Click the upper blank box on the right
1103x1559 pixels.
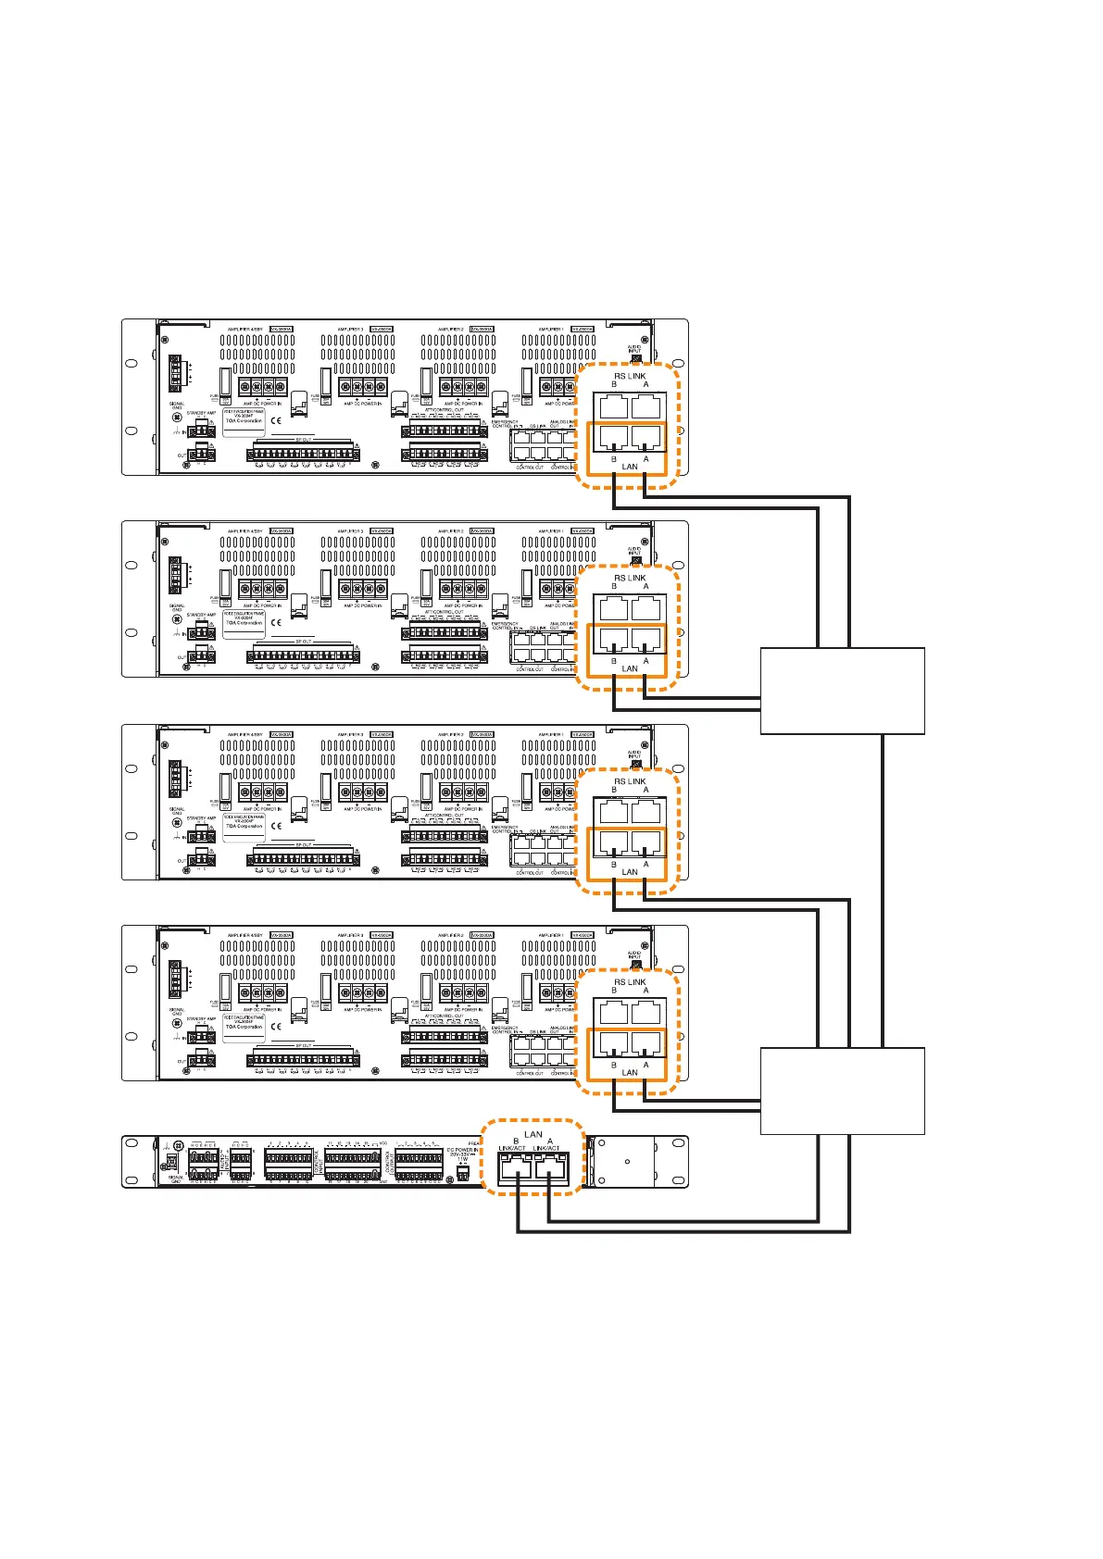842,691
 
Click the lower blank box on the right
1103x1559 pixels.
842,1091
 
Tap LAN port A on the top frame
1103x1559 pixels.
646,437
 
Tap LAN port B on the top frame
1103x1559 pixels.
613,437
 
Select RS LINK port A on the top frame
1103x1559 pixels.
646,405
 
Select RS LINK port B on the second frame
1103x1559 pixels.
613,608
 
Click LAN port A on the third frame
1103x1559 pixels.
646,842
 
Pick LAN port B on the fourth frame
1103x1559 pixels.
613,1043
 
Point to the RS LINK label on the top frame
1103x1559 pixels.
630,376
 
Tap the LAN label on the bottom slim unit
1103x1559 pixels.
533,1134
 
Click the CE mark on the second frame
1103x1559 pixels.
276,623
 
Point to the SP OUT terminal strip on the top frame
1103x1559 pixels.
303,454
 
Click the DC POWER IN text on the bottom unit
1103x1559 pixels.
462,1150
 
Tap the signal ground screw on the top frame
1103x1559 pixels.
177,417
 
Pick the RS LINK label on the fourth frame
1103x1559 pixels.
630,982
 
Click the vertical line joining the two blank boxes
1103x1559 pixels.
884,891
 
